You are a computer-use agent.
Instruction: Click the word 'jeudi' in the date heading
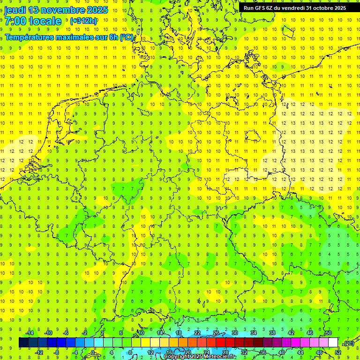coord(15,10)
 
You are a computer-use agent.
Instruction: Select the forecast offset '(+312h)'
coord(83,21)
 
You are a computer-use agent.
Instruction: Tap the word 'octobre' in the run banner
coord(320,8)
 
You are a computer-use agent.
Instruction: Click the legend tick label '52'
coord(337,352)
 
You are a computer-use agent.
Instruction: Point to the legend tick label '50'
coord(328,333)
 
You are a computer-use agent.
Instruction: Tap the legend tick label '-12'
coord(39,352)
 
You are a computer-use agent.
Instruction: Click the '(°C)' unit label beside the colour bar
coord(348,343)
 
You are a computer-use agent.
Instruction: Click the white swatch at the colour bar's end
coord(333,343)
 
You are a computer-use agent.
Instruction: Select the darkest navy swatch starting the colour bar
coord(23,343)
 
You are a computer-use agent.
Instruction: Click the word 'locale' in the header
coord(44,21)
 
